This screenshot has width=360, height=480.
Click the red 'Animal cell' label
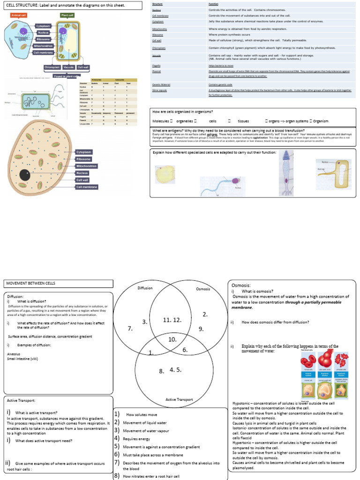click(x=19, y=15)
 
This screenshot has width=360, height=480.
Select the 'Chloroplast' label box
click(x=52, y=67)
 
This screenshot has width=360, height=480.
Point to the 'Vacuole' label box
click(x=69, y=67)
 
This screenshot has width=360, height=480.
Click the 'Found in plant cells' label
click(x=65, y=76)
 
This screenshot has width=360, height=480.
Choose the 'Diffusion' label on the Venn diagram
click(x=145, y=288)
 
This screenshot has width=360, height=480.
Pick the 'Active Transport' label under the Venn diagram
click(x=179, y=399)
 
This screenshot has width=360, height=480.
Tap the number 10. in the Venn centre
click(x=172, y=338)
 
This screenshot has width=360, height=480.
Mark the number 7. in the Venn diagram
click(x=130, y=329)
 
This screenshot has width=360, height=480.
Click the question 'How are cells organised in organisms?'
click(x=183, y=112)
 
